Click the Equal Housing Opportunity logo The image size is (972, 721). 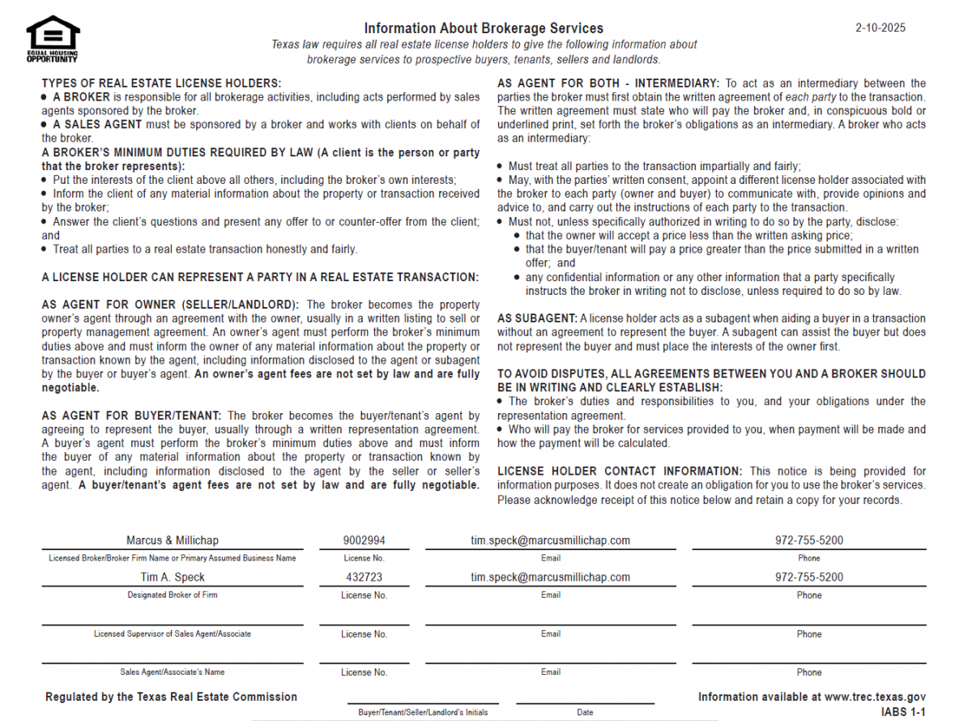click(53, 39)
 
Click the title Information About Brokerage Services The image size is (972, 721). click(484, 28)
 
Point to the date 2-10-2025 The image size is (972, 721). click(880, 28)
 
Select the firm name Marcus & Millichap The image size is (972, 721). click(173, 540)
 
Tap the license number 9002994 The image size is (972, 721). click(364, 540)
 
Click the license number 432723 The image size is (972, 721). click(364, 578)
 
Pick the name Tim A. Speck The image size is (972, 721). click(173, 578)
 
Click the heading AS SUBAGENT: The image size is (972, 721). click(537, 318)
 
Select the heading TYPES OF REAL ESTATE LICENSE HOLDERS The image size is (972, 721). click(161, 83)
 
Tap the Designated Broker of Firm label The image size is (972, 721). click(173, 595)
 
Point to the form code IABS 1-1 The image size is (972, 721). click(903, 712)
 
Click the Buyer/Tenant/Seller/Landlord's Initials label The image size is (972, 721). click(423, 713)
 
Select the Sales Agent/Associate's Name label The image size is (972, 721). click(173, 672)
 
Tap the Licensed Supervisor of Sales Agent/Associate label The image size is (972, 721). click(173, 634)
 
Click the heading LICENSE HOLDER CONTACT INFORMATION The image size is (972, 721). click(619, 471)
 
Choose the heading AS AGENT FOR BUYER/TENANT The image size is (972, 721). click(132, 416)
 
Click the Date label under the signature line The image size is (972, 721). click(585, 713)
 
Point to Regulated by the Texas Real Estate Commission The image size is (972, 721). click(171, 697)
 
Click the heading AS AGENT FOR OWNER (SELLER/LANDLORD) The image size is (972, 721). click(171, 305)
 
